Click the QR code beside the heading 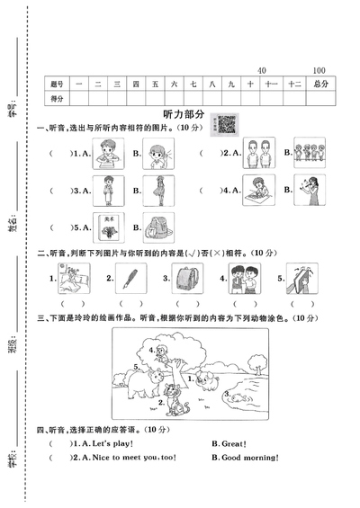pyautogui.click(x=227, y=125)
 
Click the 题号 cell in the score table pyautogui.click(x=58, y=84)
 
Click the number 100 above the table pyautogui.click(x=319, y=70)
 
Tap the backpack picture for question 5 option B pyautogui.click(x=157, y=227)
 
